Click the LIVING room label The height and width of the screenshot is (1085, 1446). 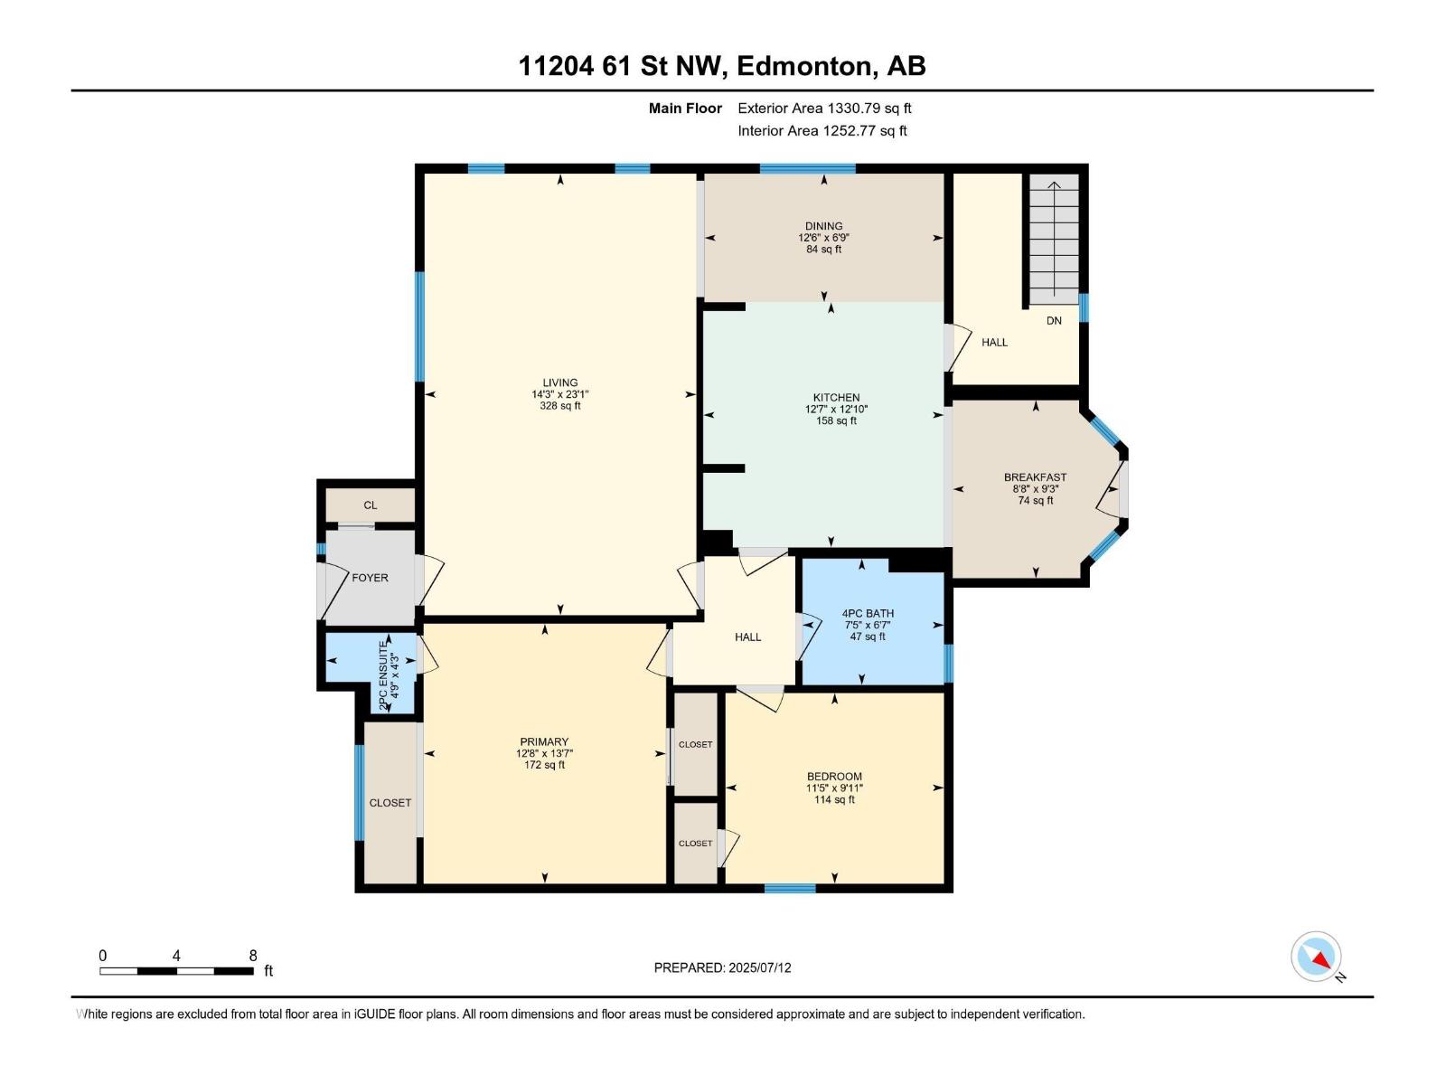pyautogui.click(x=559, y=382)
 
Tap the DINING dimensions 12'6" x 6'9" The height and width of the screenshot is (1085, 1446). pyautogui.click(x=823, y=238)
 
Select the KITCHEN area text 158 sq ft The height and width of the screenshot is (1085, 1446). pyautogui.click(x=836, y=421)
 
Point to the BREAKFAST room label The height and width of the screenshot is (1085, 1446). pyautogui.click(x=1035, y=477)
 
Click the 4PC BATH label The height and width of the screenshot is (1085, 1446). pyautogui.click(x=868, y=613)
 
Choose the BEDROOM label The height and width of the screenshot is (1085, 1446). pyautogui.click(x=834, y=777)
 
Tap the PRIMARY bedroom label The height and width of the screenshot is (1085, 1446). pyautogui.click(x=544, y=742)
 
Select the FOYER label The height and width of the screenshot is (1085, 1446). pyautogui.click(x=370, y=578)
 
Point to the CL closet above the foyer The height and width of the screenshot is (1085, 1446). pyautogui.click(x=371, y=505)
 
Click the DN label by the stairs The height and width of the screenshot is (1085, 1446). pyautogui.click(x=1054, y=321)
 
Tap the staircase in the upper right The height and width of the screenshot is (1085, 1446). pyautogui.click(x=1054, y=240)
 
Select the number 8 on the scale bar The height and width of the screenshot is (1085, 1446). pyautogui.click(x=253, y=956)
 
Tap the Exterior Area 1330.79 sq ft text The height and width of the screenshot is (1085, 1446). pyautogui.click(x=824, y=108)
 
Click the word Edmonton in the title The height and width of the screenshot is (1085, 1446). pyautogui.click(x=805, y=66)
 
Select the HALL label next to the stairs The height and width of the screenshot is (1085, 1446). pyautogui.click(x=994, y=343)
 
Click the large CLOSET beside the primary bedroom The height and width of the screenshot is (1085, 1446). pyautogui.click(x=390, y=803)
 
